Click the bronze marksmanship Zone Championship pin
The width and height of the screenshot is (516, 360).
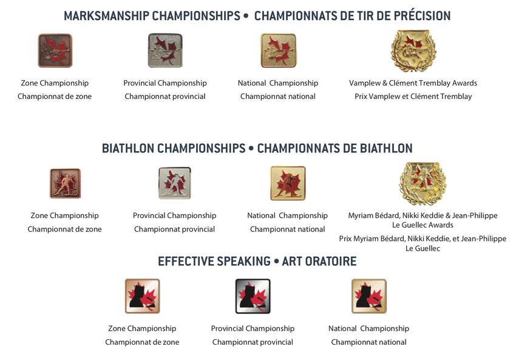55,50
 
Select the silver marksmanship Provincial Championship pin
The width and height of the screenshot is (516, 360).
165,50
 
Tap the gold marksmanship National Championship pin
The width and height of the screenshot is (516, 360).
279,50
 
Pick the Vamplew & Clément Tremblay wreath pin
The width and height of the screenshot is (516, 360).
413,50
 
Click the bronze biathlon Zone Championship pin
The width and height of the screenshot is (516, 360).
65,183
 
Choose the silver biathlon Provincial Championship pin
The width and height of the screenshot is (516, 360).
175,183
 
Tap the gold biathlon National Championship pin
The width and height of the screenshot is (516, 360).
288,183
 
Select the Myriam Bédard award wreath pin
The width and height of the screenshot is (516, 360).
423,183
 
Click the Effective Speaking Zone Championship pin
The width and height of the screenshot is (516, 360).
142,296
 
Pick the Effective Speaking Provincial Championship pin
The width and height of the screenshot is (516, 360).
253,296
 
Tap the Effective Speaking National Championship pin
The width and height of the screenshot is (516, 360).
369,296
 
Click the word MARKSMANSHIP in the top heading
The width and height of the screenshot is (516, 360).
106,16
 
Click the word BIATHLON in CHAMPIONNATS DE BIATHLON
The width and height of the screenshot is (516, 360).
386,148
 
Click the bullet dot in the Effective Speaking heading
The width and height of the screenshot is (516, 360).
276,261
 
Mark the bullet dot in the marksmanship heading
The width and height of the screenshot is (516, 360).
245,15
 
